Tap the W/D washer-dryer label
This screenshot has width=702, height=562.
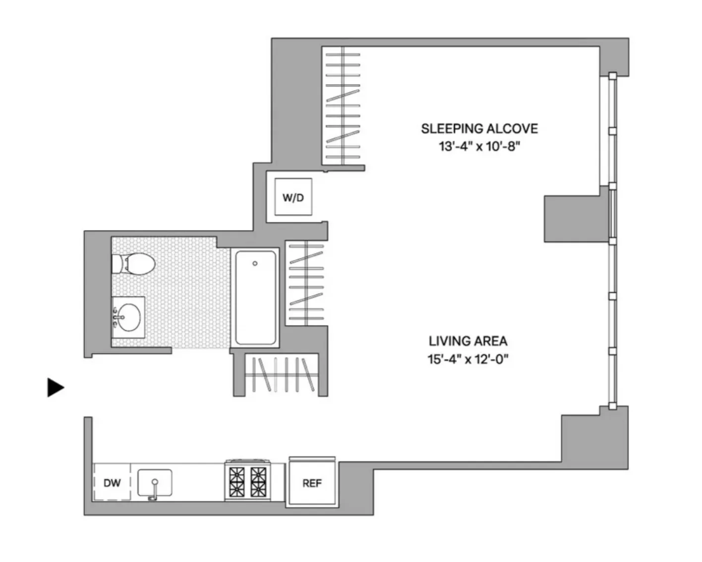coord(293,198)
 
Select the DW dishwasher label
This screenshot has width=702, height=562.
coord(112,483)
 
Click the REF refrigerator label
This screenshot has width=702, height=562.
coord(312,483)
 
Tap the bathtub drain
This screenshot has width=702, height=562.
coord(255,263)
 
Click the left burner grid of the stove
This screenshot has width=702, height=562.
coord(237,482)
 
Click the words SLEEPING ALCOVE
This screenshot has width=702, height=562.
coord(479,129)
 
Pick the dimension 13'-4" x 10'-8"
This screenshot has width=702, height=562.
coord(479,147)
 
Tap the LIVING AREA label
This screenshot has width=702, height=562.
coord(468,341)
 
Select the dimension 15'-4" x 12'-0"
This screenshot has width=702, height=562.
coord(468,359)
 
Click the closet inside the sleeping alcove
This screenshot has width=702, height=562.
coord(342,105)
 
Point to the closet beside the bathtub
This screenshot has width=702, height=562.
coord(306,283)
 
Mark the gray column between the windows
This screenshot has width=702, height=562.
coord(576,218)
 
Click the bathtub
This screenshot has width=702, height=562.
coord(255,297)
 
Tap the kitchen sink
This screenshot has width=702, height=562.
coord(155,482)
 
